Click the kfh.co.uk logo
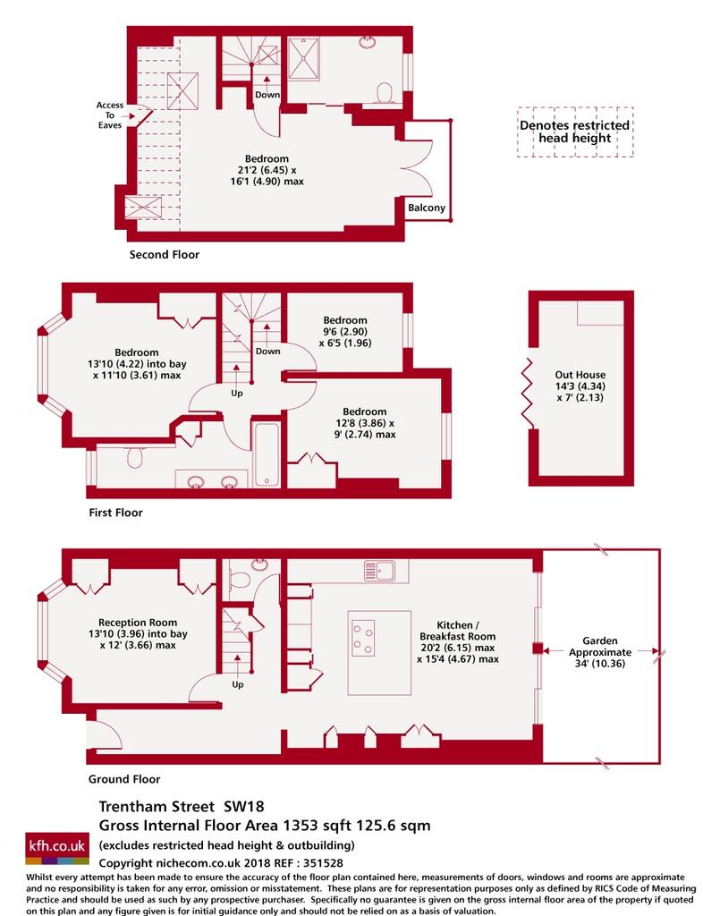[57, 848]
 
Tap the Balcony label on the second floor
[427, 208]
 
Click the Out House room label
[580, 386]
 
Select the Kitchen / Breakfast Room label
[458, 642]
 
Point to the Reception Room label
[138, 634]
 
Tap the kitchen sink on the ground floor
[379, 570]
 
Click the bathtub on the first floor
[267, 455]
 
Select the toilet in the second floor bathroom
[385, 93]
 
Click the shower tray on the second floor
[303, 59]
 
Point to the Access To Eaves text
[110, 115]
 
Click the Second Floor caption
[164, 255]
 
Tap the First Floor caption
[115, 513]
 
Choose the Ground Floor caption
[124, 779]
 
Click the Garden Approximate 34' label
[600, 652]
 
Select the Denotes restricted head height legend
[575, 131]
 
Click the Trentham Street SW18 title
[182, 807]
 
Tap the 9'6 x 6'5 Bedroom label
[345, 331]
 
